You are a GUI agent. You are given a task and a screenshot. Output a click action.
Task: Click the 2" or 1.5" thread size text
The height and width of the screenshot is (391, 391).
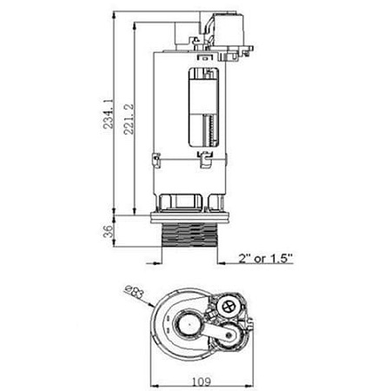(x=266, y=258)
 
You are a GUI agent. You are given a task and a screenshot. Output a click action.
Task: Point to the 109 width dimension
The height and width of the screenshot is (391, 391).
(x=201, y=380)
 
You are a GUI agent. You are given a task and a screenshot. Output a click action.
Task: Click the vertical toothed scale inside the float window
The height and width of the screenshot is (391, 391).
(x=209, y=130)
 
